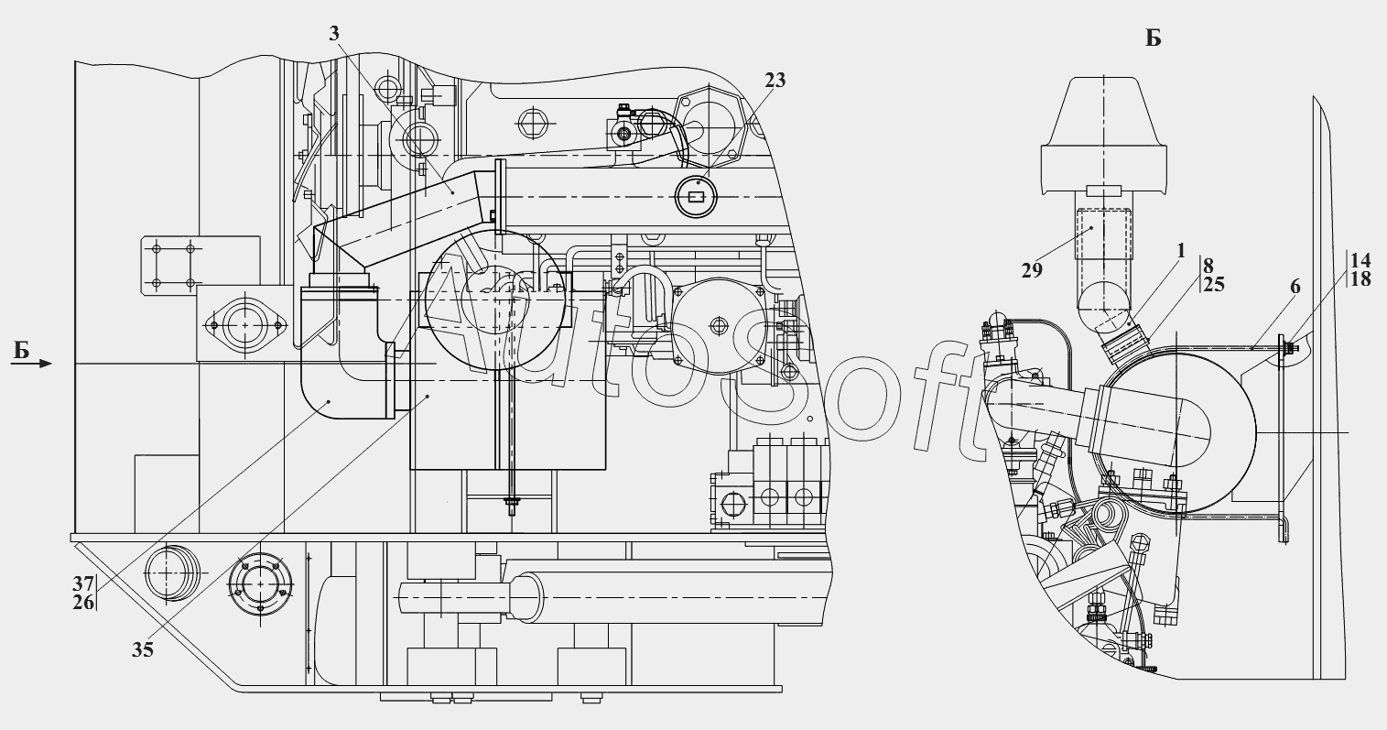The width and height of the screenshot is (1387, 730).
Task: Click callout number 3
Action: [335, 33]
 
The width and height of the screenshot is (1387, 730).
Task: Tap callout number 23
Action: [775, 81]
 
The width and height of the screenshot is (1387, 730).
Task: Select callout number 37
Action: [84, 583]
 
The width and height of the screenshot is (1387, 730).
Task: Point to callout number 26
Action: [84, 601]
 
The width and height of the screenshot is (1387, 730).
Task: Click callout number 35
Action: [142, 650]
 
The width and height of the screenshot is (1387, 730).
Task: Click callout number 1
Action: [1180, 249]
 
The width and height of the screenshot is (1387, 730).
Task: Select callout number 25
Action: [1214, 285]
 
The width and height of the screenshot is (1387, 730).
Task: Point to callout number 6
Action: [1295, 286]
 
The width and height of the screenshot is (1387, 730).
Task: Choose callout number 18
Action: [1360, 279]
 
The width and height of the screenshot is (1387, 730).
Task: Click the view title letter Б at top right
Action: [1154, 38]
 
